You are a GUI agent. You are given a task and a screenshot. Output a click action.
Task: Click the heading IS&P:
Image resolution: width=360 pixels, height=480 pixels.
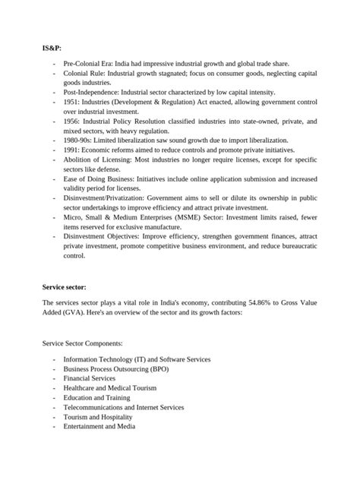[52, 48]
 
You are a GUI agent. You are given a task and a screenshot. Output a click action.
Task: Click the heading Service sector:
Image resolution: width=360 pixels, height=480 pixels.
[65, 287]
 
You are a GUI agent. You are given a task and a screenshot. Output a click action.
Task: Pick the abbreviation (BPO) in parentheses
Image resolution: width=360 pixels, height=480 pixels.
[156, 368]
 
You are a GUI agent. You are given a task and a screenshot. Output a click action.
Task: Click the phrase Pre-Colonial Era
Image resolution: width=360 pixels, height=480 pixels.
[90, 62]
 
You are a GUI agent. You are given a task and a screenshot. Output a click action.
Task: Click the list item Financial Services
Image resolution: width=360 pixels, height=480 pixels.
[90, 377]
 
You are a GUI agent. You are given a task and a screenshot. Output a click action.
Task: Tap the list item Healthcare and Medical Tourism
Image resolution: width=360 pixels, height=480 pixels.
[110, 387]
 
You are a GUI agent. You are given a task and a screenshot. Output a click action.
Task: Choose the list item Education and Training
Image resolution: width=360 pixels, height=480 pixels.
[96, 397]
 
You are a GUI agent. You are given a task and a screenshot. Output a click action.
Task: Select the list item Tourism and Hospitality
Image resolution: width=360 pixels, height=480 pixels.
[98, 417]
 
